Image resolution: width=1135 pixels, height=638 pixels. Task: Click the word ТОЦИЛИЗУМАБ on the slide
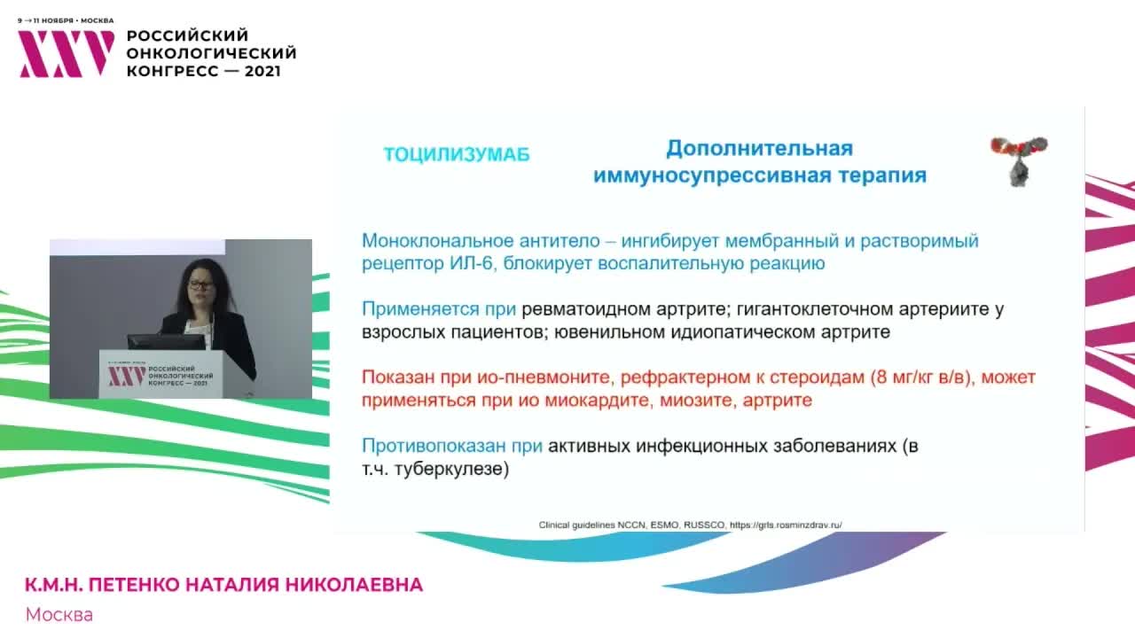pos(456,154)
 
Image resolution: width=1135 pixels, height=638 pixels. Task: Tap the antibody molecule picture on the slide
pos(1018,159)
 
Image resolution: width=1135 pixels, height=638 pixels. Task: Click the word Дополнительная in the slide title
pos(759,148)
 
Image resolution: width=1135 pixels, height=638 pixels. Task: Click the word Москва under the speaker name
pos(59,614)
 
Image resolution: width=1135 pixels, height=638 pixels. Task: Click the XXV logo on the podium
pos(126,376)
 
